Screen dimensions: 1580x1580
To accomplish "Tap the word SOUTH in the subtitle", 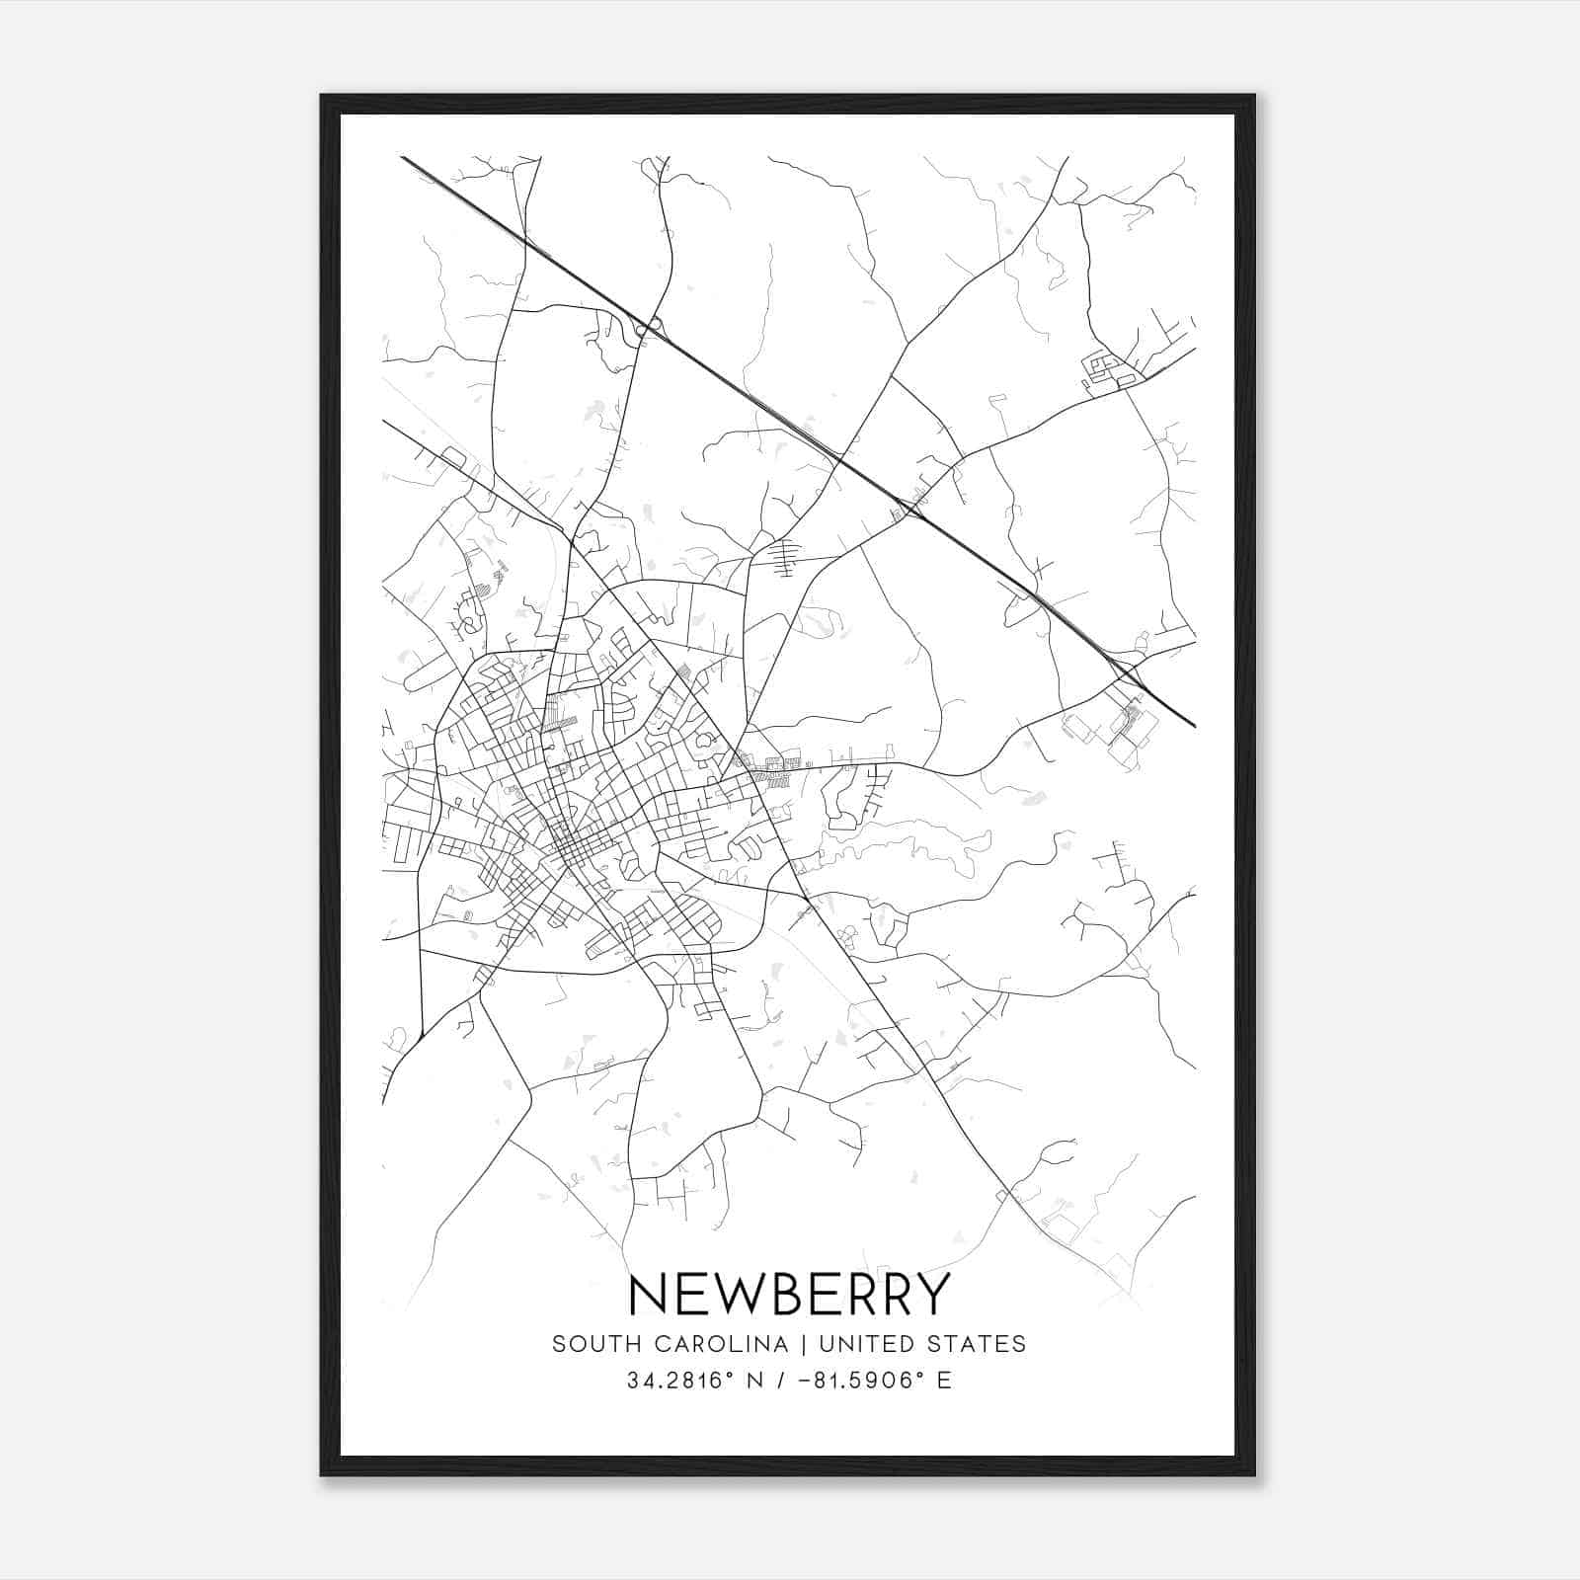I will pyautogui.click(x=588, y=1344).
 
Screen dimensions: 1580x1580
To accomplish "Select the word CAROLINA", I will pyautogui.click(x=712, y=1344).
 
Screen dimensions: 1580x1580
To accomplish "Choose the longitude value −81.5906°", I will pyautogui.click(x=856, y=1381).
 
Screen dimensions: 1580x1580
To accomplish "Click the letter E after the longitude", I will pyautogui.click(x=945, y=1381).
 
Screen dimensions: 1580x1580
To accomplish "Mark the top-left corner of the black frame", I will pyautogui.click(x=323, y=97).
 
